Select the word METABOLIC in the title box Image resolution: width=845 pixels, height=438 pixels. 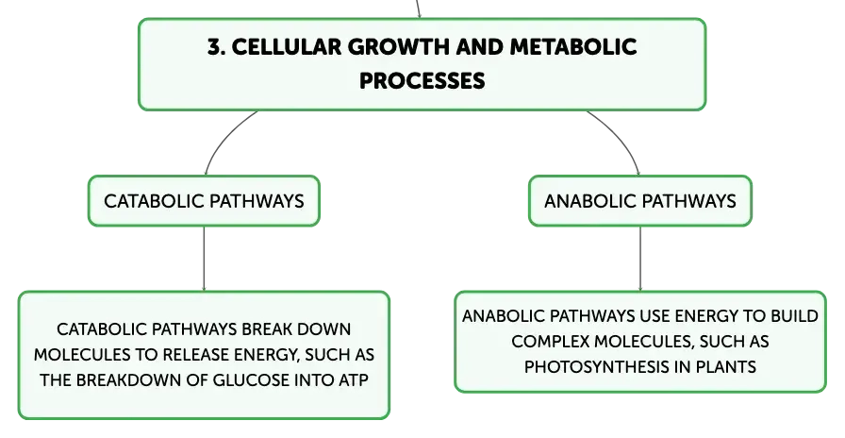tap(572, 47)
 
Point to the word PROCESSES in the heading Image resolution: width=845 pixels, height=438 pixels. tap(422, 81)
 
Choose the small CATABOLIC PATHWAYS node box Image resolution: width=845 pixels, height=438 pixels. tap(204, 201)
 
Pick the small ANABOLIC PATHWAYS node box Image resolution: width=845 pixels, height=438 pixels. tap(639, 201)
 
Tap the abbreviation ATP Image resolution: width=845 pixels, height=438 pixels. tap(354, 380)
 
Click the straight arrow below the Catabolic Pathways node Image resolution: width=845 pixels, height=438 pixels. tap(204, 259)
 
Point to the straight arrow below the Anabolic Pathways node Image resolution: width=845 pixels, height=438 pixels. tap(640, 259)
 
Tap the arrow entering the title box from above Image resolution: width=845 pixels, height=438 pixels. tap(418, 9)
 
